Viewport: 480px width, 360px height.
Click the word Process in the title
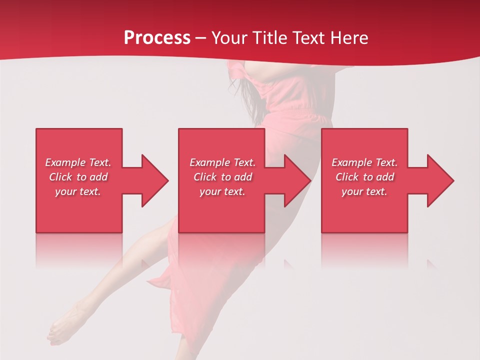(157, 38)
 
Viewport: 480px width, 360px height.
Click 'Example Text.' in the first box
(78, 162)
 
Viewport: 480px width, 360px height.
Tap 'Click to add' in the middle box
(222, 177)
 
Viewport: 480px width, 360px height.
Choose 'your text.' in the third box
(364, 191)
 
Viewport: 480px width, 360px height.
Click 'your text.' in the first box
(78, 191)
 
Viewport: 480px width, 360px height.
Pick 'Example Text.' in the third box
(364, 162)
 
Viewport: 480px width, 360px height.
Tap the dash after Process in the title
(200, 38)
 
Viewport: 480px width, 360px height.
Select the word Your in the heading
(228, 38)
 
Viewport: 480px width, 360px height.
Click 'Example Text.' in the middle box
(222, 162)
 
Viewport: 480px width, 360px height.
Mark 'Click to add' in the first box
(78, 177)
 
